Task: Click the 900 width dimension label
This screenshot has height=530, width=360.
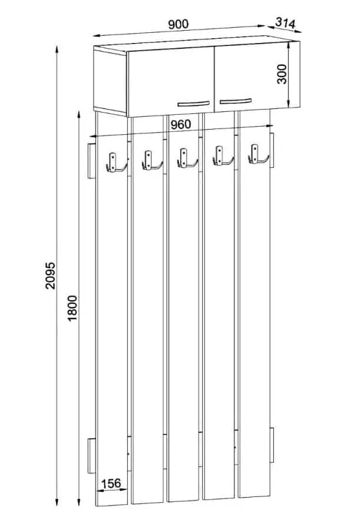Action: pyautogui.click(x=179, y=24)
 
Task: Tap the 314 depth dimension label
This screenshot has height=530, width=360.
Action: pyautogui.click(x=285, y=22)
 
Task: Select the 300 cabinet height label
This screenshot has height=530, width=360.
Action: pyautogui.click(x=282, y=74)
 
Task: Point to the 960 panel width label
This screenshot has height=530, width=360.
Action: pyautogui.click(x=180, y=125)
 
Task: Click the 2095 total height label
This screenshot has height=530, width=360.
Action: pyautogui.click(x=49, y=275)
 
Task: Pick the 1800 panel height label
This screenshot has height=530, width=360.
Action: pyautogui.click(x=72, y=308)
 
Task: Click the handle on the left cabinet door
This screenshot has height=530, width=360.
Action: pyautogui.click(x=193, y=104)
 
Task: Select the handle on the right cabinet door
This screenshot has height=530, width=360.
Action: pyautogui.click(x=236, y=101)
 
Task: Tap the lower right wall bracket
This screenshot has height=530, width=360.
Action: pyautogui.click(x=272, y=445)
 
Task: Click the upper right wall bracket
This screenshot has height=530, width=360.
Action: pyautogui.click(x=272, y=150)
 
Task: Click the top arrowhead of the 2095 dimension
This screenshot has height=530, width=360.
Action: pyautogui.click(x=57, y=48)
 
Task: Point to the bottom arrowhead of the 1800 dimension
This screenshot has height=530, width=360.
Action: pyautogui.click(x=79, y=503)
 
